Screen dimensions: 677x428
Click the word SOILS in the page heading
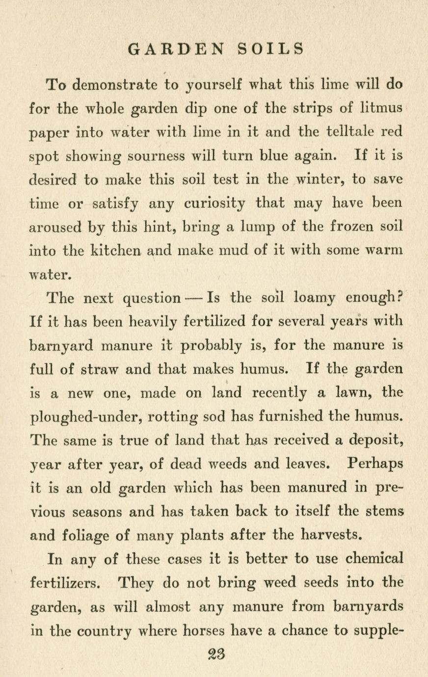(271, 49)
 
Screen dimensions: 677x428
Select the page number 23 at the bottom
(214, 654)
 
